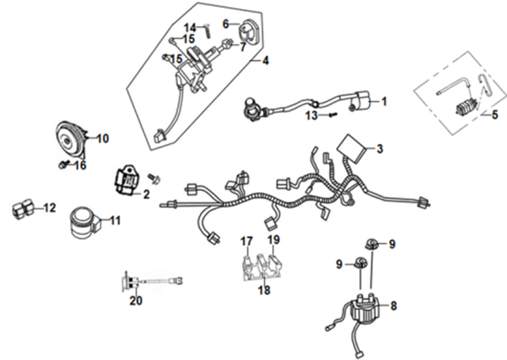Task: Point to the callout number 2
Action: coord(145,195)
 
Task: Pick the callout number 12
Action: coord(50,209)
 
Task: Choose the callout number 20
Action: coord(136,301)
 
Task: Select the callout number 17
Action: coord(246,240)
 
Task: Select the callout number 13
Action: coord(310,116)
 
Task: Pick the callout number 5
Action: coord(494,114)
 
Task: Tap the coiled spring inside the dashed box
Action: coord(464,107)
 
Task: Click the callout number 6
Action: coord(226,22)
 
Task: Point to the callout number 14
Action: coord(190,27)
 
